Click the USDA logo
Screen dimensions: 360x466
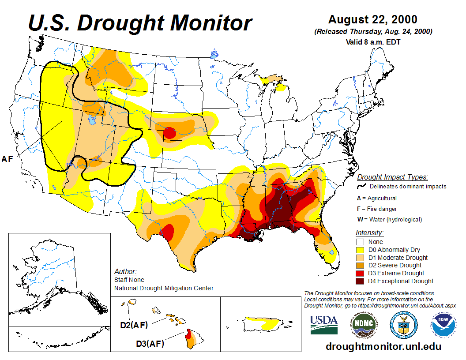[x=324, y=325]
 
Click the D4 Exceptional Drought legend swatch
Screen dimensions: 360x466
[x=360, y=281]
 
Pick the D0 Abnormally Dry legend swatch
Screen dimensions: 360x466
[x=360, y=250]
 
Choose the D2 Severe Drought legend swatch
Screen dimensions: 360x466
[x=360, y=265]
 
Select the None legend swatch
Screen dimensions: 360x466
[x=360, y=242]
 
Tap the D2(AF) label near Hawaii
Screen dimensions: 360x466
[x=134, y=326]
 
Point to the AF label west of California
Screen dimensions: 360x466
[x=8, y=159]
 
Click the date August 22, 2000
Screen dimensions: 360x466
[x=373, y=20]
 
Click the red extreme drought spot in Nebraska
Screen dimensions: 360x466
[x=170, y=132]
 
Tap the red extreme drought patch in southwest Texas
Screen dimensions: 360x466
[x=167, y=230]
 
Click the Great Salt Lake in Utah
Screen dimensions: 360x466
[x=91, y=120]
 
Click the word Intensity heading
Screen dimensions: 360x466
[x=369, y=232]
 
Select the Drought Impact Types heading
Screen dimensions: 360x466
[x=392, y=177]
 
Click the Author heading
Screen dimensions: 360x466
[x=125, y=271]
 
